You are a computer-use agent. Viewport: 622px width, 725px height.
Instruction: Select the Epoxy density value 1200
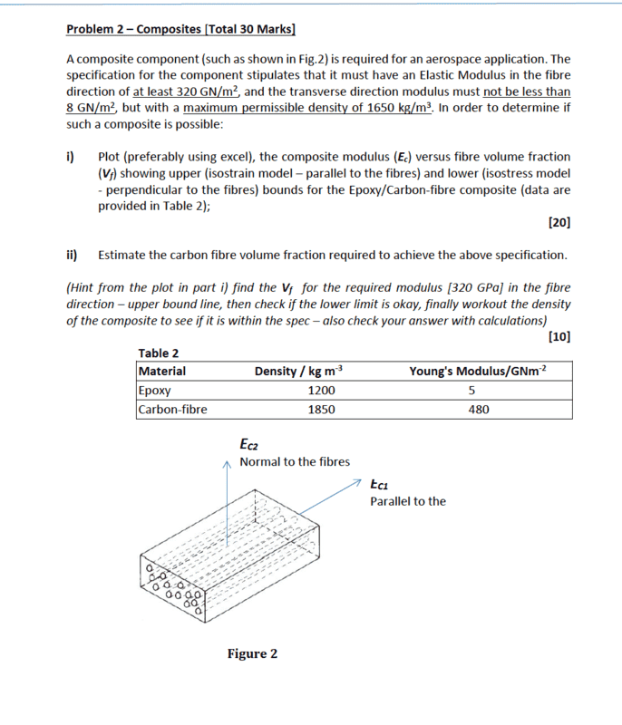tap(321, 391)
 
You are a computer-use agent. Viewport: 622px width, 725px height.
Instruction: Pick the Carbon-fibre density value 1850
tap(321, 410)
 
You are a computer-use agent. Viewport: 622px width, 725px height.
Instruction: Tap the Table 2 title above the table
tap(158, 353)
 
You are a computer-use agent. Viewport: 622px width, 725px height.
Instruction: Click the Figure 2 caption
tap(252, 653)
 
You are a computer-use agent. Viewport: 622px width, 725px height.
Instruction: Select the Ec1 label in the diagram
tap(380, 484)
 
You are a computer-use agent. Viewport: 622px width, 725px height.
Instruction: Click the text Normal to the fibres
tap(295, 462)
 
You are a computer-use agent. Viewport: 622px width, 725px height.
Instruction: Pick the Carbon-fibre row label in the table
tap(172, 410)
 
